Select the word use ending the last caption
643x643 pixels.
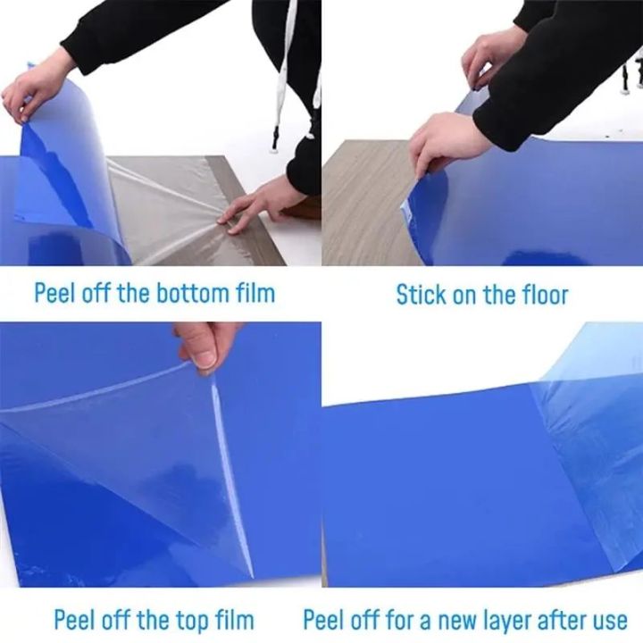click(x=609, y=619)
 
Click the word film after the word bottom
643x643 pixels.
click(x=255, y=292)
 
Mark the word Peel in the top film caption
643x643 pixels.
click(x=74, y=619)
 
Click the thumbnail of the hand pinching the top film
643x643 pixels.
click(x=205, y=344)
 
